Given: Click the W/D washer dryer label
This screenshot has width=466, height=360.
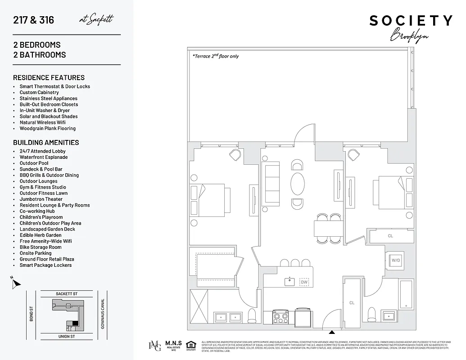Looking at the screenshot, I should click(x=396, y=260).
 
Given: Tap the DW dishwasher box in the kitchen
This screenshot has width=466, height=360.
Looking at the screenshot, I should click(x=304, y=282).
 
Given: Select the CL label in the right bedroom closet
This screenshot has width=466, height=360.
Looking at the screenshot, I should click(x=390, y=236).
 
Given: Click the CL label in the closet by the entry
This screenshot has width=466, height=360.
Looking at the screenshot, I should click(x=352, y=303).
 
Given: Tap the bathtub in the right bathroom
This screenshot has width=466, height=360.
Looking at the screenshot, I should click(x=406, y=295).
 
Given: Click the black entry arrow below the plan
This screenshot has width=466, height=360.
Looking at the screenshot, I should click(x=332, y=333).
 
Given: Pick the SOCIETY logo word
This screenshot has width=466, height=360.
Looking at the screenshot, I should click(x=411, y=21).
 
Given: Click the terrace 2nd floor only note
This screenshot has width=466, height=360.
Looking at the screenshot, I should click(x=215, y=56).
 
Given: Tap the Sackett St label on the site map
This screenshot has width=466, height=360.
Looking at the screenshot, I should click(x=67, y=294).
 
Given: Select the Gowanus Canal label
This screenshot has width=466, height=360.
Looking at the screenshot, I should click(x=103, y=314).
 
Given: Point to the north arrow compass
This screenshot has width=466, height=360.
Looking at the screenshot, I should click(x=16, y=283).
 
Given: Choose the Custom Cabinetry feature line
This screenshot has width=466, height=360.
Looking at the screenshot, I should click(x=39, y=92).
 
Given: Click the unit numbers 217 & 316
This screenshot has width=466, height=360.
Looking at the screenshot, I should click(x=33, y=20).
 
